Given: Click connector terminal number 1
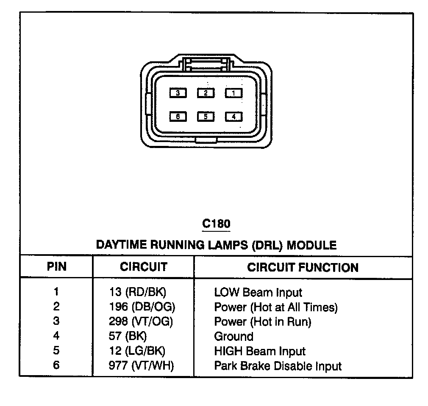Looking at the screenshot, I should click(233, 93).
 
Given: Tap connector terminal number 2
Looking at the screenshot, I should click(206, 93).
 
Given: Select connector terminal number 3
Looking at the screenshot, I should click(178, 93).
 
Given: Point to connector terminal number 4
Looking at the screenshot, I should click(233, 116).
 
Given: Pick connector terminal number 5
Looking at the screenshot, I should click(206, 116).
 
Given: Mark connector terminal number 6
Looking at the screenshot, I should click(178, 116).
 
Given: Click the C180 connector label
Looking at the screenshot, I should click(216, 223).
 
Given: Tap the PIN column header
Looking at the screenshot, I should click(56, 267).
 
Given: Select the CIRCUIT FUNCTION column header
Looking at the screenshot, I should click(303, 267).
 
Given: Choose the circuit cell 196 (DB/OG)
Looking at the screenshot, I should click(142, 307).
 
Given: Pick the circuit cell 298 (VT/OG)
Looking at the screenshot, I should click(141, 321).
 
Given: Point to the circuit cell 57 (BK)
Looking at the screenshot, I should click(127, 336).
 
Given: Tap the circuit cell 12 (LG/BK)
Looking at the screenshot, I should click(137, 351).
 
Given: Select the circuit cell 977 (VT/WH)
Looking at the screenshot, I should click(141, 366).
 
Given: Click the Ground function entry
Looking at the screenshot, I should click(233, 337).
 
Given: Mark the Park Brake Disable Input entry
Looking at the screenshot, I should click(278, 366).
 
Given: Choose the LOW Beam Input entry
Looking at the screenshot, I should click(258, 292).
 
